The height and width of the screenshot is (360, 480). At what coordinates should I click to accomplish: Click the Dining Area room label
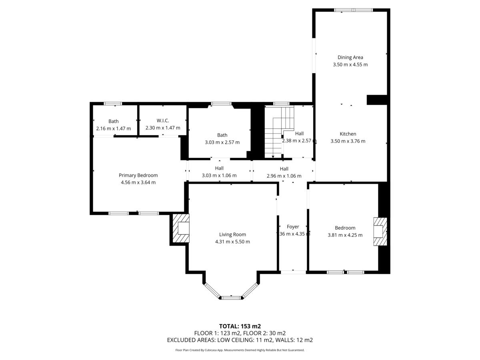tap(350, 57)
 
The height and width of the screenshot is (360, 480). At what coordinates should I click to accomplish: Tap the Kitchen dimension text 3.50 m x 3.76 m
tap(348, 141)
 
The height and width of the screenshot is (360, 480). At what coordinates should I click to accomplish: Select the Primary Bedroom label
tap(138, 175)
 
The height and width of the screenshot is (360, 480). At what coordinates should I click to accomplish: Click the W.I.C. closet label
tap(163, 120)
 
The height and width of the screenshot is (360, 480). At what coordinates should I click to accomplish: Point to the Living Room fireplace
tap(181, 228)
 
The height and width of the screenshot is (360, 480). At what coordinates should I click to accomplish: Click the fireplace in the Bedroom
tap(380, 232)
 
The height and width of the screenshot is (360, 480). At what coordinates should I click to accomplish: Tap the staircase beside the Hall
tap(279, 132)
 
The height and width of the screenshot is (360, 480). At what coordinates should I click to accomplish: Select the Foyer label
tap(293, 227)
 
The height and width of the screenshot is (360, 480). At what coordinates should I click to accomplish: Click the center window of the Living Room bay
tap(231, 298)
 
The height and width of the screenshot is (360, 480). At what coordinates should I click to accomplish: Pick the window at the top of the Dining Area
tap(353, 10)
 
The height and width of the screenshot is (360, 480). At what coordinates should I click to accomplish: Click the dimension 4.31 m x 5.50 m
tap(232, 242)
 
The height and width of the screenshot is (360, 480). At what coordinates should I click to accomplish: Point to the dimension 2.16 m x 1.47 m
tap(114, 128)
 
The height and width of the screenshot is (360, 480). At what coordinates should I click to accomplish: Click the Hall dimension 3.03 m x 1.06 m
tap(219, 176)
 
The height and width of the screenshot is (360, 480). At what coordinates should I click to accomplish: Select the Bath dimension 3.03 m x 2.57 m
tap(222, 142)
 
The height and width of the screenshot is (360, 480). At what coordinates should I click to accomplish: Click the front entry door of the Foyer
tap(293, 272)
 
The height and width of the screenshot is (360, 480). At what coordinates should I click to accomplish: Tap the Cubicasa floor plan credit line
tap(240, 350)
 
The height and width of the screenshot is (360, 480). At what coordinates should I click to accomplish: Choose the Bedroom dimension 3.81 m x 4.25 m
tap(345, 235)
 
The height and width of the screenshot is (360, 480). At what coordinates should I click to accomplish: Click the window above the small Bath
tap(113, 104)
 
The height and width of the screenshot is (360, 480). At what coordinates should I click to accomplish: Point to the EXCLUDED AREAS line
tap(240, 340)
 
